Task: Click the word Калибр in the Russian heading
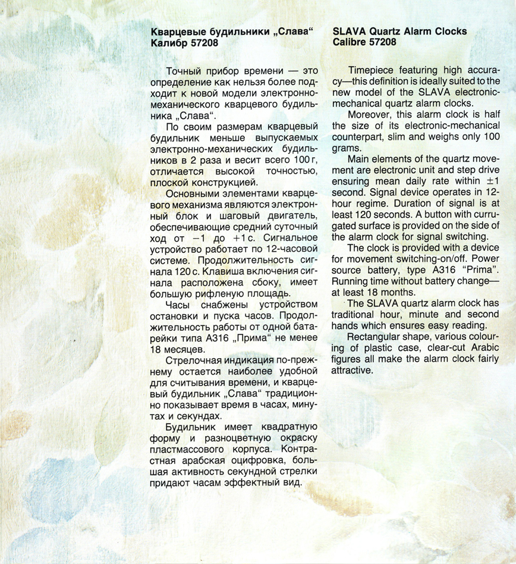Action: [x=168, y=43]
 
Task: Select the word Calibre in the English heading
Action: [x=351, y=43]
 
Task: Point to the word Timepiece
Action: [x=372, y=68]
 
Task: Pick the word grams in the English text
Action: [x=345, y=148]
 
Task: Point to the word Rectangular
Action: [x=375, y=337]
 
